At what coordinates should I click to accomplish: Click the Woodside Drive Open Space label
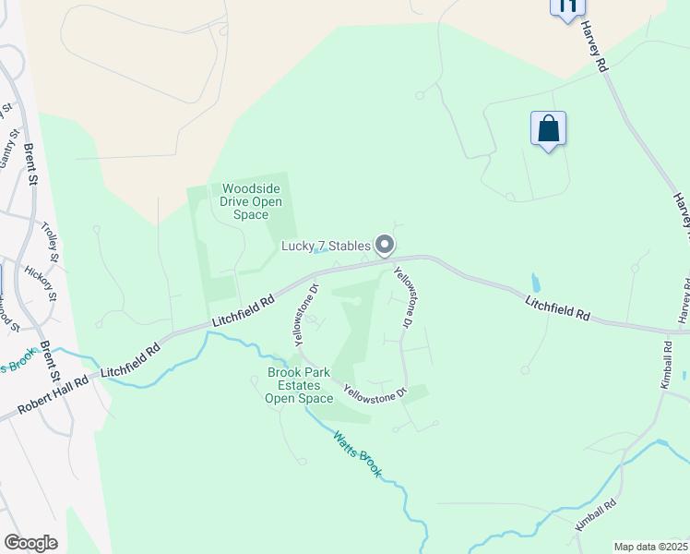tap(245, 201)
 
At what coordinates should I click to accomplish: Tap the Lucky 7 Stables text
tap(327, 246)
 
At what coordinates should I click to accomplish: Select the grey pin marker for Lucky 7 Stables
tap(386, 245)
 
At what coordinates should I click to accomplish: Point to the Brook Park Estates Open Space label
tap(299, 385)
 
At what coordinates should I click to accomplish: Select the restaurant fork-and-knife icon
tap(567, 6)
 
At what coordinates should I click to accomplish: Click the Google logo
tap(30, 543)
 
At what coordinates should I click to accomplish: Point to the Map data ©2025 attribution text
tap(651, 547)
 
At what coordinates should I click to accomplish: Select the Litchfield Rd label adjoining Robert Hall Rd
tap(132, 359)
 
